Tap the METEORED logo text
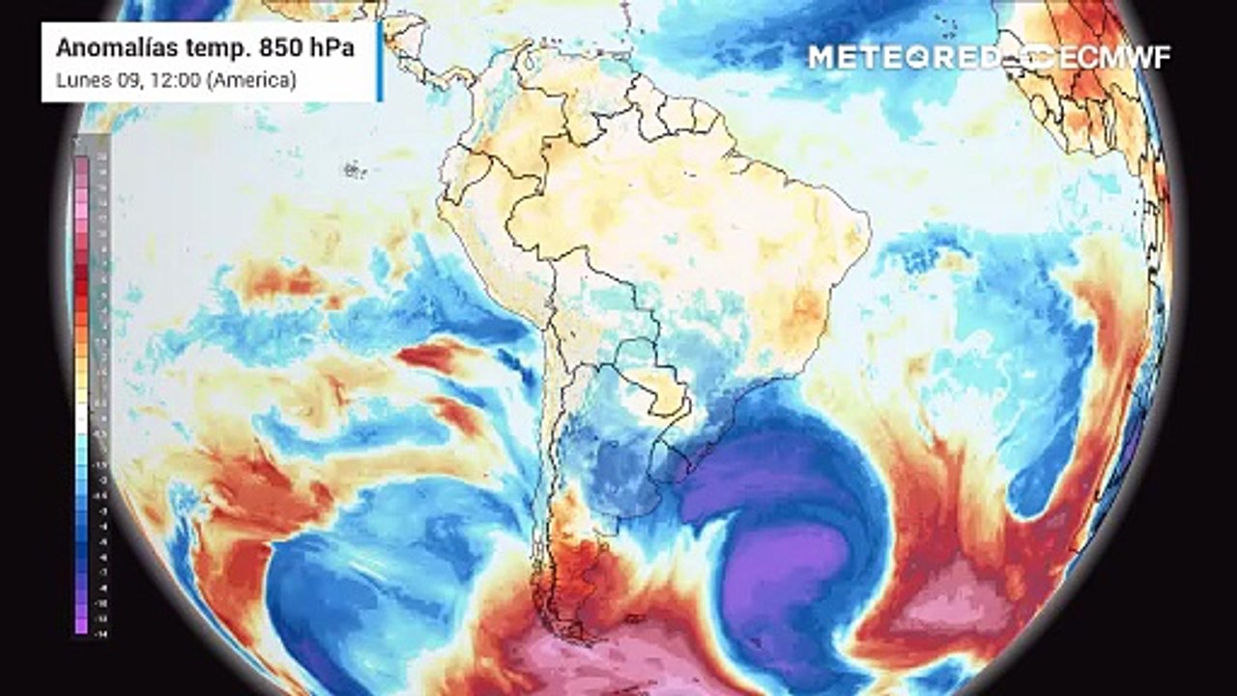tap(904, 57)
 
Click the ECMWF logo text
tap(1111, 57)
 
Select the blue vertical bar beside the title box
tap(380, 61)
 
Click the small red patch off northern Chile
tap(430, 356)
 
